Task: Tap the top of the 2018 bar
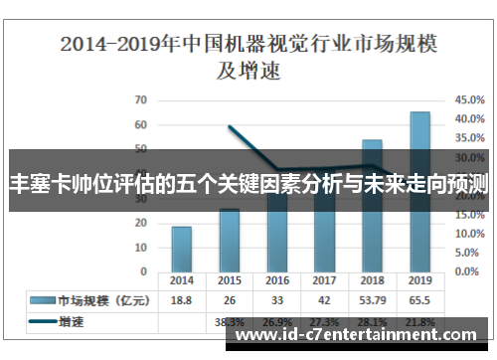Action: [x=373, y=141]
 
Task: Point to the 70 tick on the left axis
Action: [x=140, y=99]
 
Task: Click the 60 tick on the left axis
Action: [x=140, y=124]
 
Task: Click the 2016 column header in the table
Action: [x=277, y=280]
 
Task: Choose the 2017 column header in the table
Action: [x=325, y=280]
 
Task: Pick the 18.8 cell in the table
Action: [x=182, y=299]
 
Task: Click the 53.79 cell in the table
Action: [x=373, y=299]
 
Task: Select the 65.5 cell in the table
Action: [x=420, y=299]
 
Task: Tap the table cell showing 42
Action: [x=325, y=299]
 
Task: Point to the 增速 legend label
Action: [x=72, y=321]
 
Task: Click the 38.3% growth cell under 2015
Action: [x=230, y=322]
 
